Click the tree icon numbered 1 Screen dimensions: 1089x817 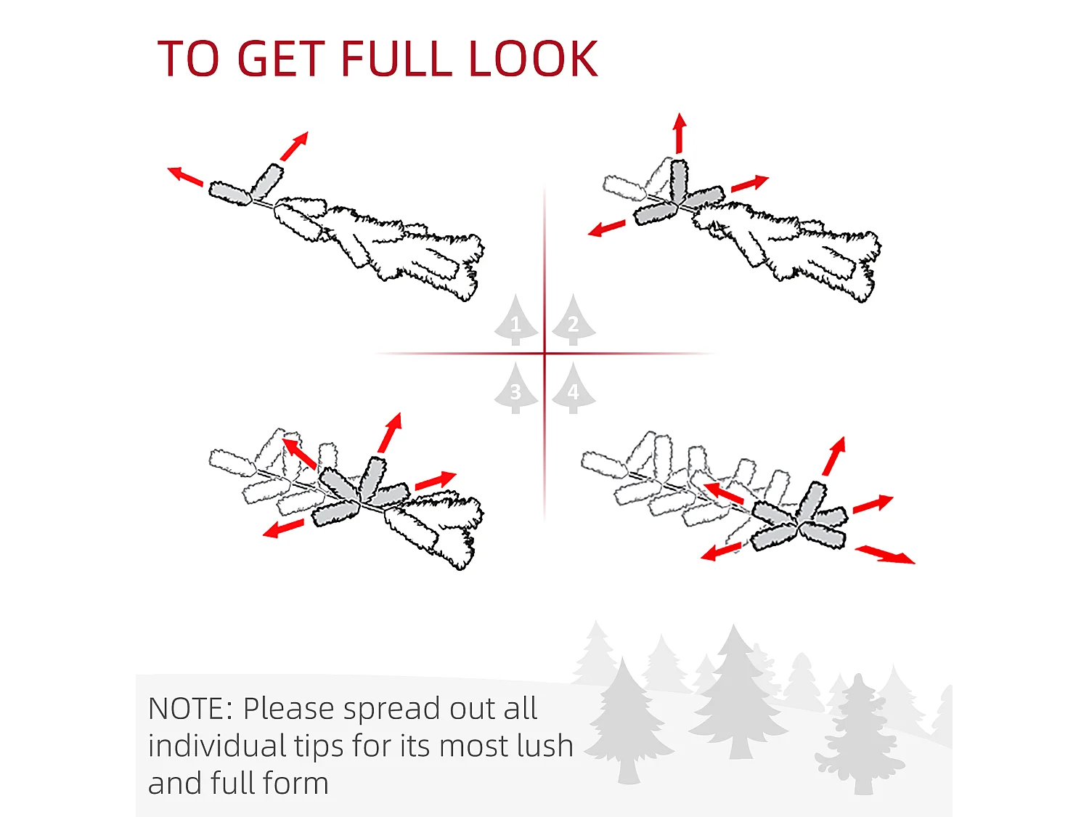(x=515, y=320)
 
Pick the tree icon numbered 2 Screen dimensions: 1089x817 (x=574, y=320)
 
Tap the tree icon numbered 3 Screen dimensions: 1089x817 (x=515, y=388)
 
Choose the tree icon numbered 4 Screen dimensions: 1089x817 (x=574, y=388)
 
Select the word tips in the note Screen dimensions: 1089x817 (x=319, y=747)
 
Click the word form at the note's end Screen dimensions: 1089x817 (x=295, y=784)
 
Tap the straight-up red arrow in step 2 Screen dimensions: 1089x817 (x=680, y=133)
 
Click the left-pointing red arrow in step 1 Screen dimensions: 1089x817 (x=185, y=176)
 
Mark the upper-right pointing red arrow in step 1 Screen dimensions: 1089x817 (x=294, y=147)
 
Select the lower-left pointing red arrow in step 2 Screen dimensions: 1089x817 (x=606, y=229)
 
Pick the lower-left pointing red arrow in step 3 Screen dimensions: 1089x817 (x=283, y=529)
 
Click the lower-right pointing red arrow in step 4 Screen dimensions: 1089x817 (x=885, y=554)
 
